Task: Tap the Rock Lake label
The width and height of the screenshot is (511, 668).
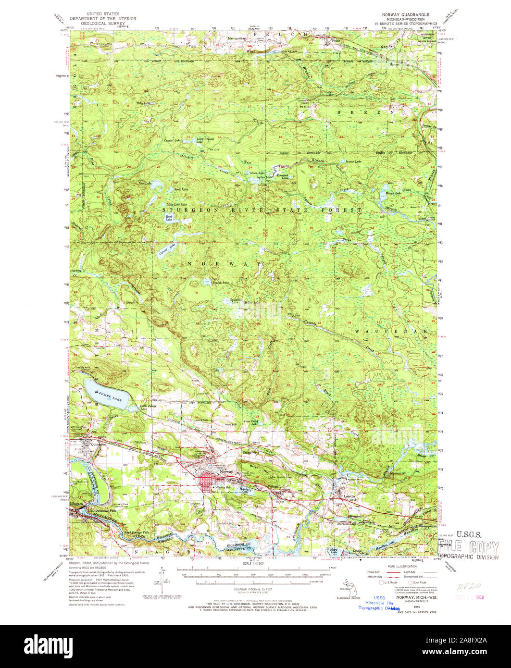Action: coord(169,218)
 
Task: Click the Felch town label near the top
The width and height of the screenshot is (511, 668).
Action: coord(336,41)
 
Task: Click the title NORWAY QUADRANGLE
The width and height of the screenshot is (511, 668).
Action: coord(406,14)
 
